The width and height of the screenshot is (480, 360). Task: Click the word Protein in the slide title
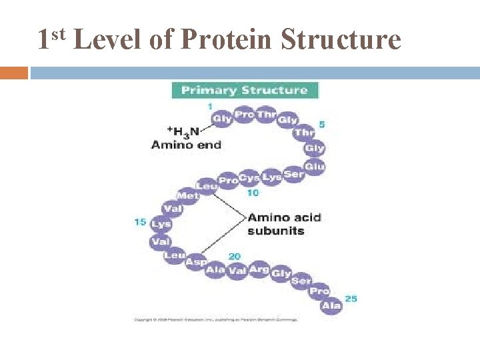coord(227,39)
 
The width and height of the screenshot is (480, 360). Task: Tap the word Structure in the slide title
coord(341,39)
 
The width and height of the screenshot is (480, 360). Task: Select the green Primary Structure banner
coord(245,90)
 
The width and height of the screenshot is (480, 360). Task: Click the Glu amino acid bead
coord(314,166)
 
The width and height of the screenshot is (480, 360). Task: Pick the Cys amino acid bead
coord(249,178)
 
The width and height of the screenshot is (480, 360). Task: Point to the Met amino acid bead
coord(188,195)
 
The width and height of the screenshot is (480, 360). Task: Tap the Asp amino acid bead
coord(195,262)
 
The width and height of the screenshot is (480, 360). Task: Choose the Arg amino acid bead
coord(259,269)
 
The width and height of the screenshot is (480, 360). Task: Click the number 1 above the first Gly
coord(210,107)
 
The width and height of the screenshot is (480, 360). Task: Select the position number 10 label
coord(253,193)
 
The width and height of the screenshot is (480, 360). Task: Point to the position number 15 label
coord(140,221)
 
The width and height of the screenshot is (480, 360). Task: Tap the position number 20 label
coord(234,256)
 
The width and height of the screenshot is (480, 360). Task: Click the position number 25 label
coord(351,298)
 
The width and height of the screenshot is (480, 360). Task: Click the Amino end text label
coord(186,144)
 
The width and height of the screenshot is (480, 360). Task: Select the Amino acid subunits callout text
coord(284,224)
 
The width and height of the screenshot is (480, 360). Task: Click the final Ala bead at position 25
coord(331,305)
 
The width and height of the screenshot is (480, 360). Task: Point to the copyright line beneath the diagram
coord(216,319)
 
